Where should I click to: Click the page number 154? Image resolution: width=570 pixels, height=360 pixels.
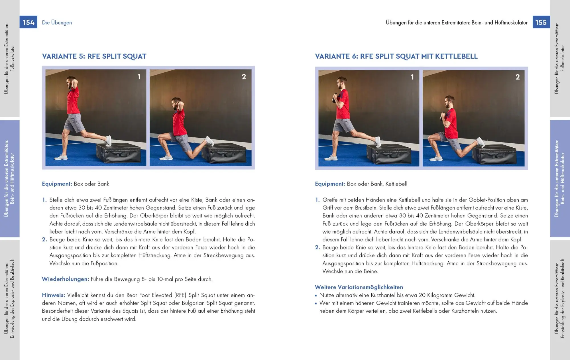click(x=28, y=22)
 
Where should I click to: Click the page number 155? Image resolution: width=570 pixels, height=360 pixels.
click(x=541, y=22)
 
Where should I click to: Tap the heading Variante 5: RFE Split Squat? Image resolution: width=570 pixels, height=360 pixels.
click(x=94, y=56)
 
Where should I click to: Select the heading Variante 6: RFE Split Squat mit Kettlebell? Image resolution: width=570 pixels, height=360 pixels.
click(x=396, y=56)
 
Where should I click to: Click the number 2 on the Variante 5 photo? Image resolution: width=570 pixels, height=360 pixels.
click(x=244, y=77)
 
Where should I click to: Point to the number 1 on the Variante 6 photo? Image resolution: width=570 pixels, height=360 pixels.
click(x=412, y=77)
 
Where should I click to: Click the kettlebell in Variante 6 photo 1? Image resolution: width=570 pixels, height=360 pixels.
click(x=335, y=99)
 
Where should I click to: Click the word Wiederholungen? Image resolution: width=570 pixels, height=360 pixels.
click(x=65, y=279)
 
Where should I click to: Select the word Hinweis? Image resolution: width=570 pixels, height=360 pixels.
click(x=53, y=295)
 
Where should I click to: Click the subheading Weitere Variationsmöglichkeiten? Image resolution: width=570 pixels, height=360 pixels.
click(x=359, y=287)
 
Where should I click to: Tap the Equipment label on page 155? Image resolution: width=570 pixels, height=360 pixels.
click(x=330, y=184)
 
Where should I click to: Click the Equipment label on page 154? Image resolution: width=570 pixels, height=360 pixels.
click(x=57, y=184)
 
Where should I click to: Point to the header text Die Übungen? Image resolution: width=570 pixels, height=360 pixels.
click(x=57, y=23)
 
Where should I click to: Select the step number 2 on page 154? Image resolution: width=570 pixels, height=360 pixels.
click(x=44, y=239)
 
